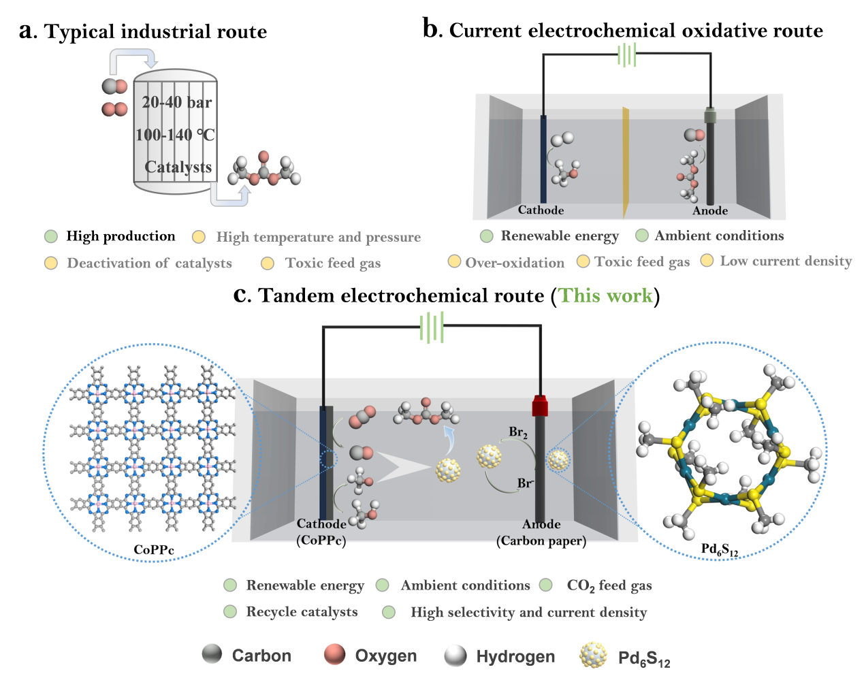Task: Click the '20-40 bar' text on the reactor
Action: (x=177, y=102)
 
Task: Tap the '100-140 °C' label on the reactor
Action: (x=176, y=135)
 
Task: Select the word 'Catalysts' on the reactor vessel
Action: (x=178, y=167)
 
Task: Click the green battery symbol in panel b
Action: (x=626, y=55)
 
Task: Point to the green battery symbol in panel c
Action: (x=432, y=327)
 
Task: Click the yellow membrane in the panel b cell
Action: (x=626, y=162)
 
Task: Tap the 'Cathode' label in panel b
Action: (x=541, y=210)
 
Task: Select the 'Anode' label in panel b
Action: (x=710, y=210)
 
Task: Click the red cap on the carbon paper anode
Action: (x=540, y=406)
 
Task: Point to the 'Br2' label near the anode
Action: (x=518, y=432)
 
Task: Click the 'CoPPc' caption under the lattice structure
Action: (x=154, y=549)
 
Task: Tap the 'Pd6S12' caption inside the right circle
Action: (x=719, y=549)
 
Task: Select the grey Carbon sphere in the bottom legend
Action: (x=212, y=653)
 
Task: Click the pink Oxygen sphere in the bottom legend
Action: (x=334, y=654)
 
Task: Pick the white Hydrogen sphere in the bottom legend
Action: (x=455, y=656)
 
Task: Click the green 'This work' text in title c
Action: (x=605, y=295)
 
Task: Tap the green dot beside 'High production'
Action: (x=51, y=236)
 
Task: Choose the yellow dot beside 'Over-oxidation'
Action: (x=454, y=261)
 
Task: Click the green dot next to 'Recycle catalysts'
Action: (x=230, y=612)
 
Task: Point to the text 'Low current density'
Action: (x=786, y=261)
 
